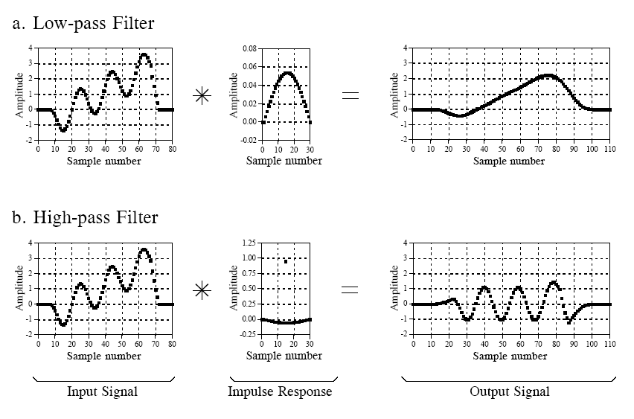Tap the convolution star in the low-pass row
pos(201,95)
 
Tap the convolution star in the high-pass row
pos(201,290)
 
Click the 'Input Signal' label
pos(103,391)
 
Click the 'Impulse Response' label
pos(280,391)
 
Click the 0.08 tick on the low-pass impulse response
pos(250,48)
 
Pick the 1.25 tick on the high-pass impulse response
pos(250,243)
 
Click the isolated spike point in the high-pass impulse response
pos(285,261)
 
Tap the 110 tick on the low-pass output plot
pos(610,148)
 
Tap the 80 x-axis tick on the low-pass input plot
pos(172,148)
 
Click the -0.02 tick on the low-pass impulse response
pos(249,140)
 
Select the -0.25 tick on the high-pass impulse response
pos(249,335)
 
